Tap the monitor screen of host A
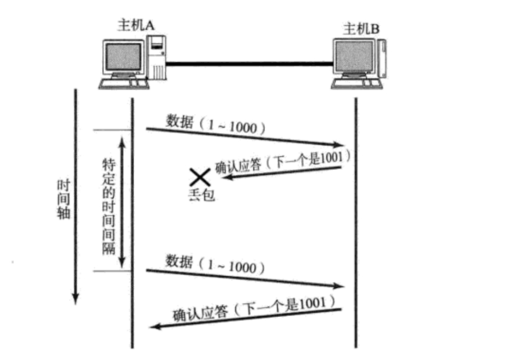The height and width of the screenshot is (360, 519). pos(123,57)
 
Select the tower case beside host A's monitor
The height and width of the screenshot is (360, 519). pos(157,58)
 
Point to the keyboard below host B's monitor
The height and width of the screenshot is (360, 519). pos(353,84)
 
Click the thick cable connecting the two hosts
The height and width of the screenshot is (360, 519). pos(248,62)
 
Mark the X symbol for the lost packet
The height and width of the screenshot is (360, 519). pos(199,176)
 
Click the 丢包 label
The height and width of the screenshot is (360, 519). pos(201,195)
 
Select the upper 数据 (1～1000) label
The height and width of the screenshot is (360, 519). pos(215,125)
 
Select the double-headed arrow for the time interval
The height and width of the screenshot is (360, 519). pos(122,201)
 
